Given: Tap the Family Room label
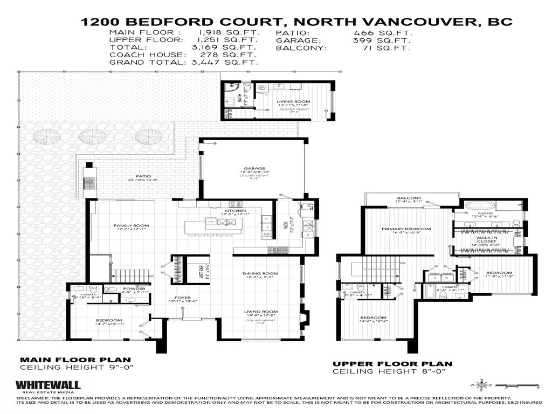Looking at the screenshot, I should tap(131, 225).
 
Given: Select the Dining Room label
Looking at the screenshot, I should tap(260, 273).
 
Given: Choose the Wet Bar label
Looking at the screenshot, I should tap(201, 268).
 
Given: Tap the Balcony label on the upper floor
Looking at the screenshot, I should tap(409, 198).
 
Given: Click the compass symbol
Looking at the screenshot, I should tap(482, 385).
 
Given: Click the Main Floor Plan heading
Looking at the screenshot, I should tap(75, 360).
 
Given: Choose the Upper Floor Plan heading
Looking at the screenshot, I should tap(392, 364).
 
